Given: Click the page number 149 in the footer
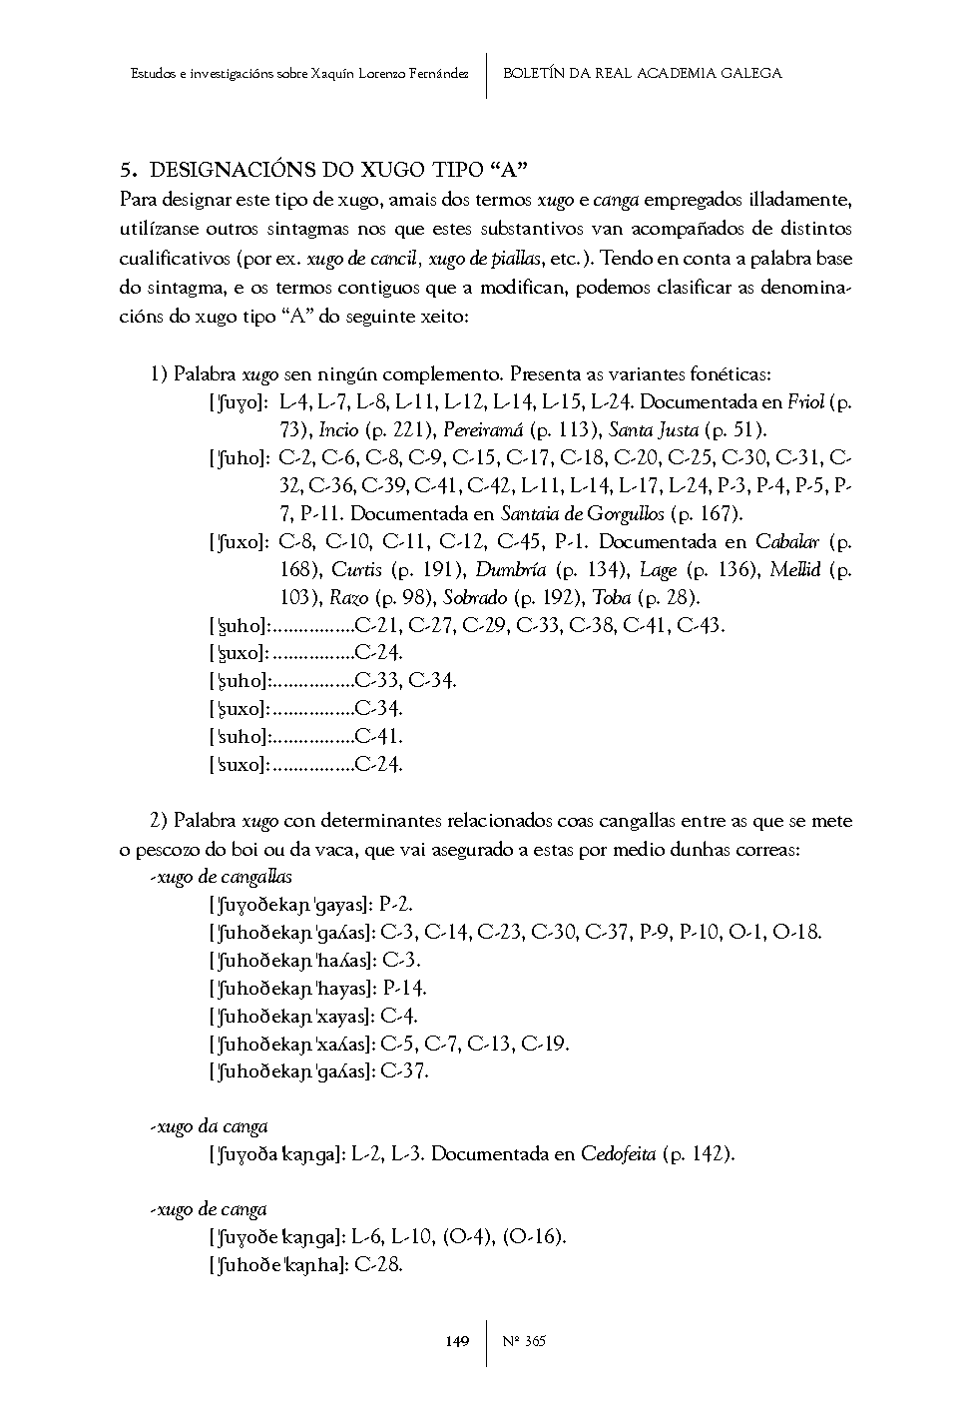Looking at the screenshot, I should [x=456, y=1340].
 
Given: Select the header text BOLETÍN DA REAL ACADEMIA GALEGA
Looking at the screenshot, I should [x=642, y=73].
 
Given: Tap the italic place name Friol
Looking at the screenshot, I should [x=805, y=402].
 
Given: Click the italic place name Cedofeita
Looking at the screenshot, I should [x=618, y=1154].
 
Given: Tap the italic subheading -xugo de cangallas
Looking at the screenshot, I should [x=221, y=877].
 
